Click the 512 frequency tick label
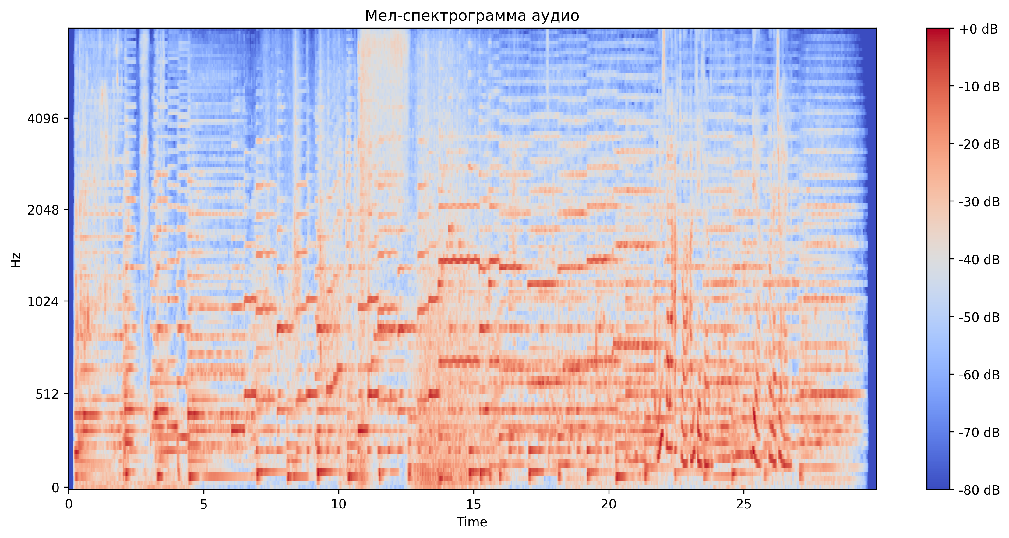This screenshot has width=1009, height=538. click(47, 394)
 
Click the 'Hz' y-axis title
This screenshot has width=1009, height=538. click(16, 260)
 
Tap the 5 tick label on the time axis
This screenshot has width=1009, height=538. click(204, 504)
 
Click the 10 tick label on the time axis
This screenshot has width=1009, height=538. click(338, 504)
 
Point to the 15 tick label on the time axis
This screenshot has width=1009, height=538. click(474, 504)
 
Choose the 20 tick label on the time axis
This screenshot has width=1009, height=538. click(609, 504)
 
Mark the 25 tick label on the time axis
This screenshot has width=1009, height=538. click(743, 504)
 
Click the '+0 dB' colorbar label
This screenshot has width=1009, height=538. click(978, 29)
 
